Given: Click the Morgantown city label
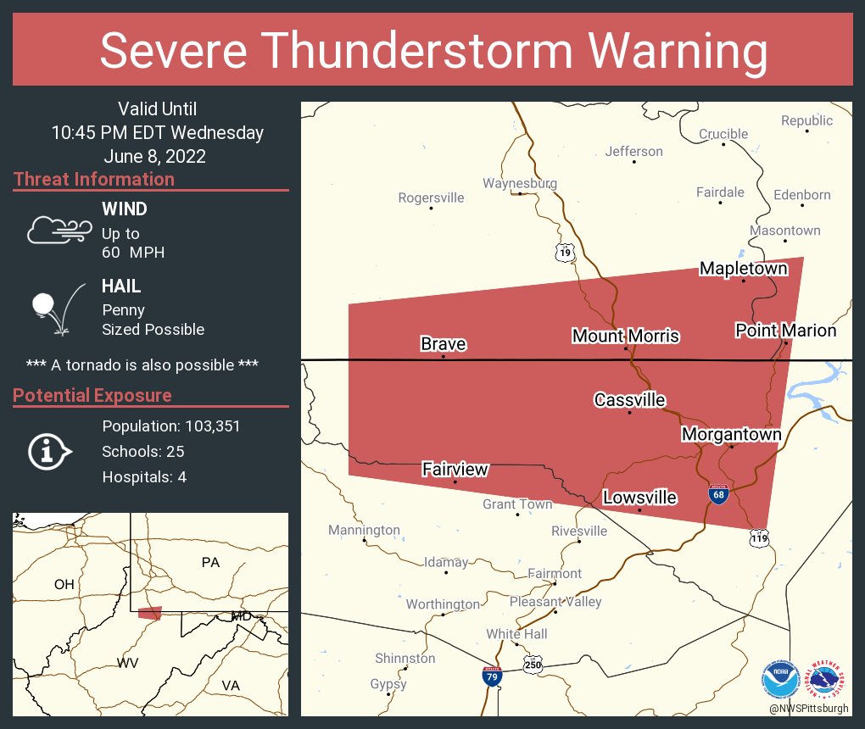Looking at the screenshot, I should point(731,434).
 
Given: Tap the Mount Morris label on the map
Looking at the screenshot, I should point(625,336).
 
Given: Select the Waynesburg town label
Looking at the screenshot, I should point(519,183).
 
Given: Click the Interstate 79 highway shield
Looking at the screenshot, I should point(491,676).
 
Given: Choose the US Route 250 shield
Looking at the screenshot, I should point(533,665).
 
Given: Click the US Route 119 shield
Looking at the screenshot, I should point(759,537).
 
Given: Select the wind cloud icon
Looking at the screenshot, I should point(59,230).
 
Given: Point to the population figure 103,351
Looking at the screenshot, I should point(210,426).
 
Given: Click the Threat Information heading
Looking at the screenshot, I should point(94,179).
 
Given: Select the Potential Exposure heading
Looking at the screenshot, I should point(92,395).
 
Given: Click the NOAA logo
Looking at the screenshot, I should point(779,678).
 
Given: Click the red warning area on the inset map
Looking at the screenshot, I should point(149,613).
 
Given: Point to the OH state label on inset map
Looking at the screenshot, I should point(64,584).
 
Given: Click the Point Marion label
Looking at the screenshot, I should point(785,330).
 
